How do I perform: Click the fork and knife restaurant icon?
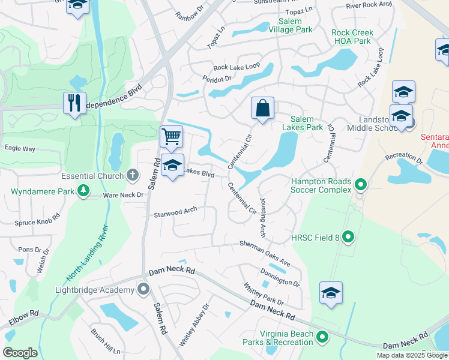tap(74, 103)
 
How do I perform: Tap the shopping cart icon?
tap(171, 137)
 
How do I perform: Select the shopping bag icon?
tap(262, 109)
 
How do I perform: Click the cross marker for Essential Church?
tap(133, 176)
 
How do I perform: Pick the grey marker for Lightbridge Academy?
tap(143, 290)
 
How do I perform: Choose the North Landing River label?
tap(88, 253)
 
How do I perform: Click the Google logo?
tap(20, 352)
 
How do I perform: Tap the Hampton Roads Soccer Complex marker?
tap(360, 184)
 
